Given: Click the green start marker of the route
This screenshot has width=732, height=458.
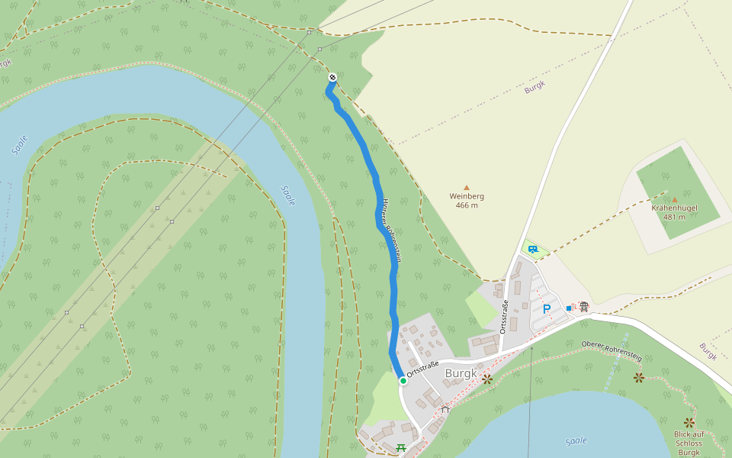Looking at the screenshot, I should coord(403,379).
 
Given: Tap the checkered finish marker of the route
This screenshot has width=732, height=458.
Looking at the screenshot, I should coord(332,77).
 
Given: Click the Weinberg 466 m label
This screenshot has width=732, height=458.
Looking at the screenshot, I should coord(467,201).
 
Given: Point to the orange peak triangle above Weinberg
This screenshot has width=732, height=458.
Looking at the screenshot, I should coord(467,187).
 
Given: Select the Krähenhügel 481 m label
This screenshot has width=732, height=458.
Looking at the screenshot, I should coord(674,212).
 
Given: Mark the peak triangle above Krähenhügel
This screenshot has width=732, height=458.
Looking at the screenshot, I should coord(674,200).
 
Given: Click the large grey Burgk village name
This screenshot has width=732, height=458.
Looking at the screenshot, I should coord(461,373).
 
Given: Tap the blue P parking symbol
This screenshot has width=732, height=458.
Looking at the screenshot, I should coord(546,309).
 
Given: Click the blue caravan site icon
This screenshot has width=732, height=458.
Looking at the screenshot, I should coord(532,249).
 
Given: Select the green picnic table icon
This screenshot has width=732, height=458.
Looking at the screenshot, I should coord(401,447).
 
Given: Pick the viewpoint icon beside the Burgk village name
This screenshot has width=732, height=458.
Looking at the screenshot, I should coord(487,378).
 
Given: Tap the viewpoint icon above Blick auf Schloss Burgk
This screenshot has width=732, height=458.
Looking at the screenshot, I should coord(689,422).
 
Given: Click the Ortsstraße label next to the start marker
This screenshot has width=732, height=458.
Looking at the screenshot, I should coord(423,369).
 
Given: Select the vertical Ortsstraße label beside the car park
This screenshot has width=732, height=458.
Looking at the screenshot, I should coord(504,317).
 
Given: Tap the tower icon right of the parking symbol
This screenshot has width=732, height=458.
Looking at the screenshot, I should coord(583,307).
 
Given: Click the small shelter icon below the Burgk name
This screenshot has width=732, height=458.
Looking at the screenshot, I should coord(445,409).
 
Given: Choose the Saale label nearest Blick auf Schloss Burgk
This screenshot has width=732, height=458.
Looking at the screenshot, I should coord(577,440).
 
